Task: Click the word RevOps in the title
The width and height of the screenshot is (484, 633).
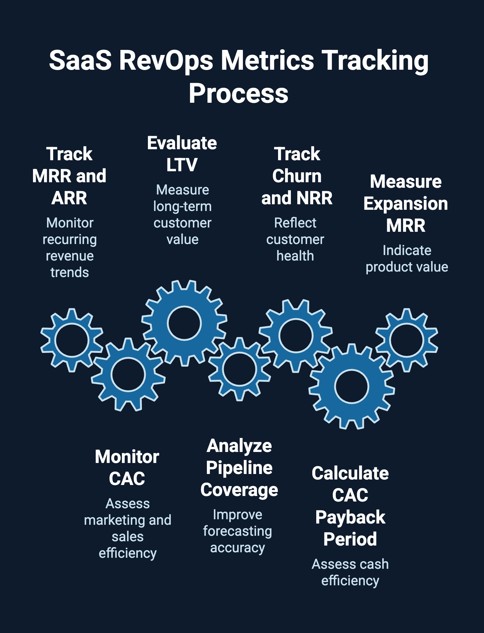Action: coord(166,60)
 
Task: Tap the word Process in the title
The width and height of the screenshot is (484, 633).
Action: coord(238,94)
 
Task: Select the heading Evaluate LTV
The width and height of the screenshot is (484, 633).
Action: coord(182,154)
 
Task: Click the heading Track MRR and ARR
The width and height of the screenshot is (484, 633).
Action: coord(69,176)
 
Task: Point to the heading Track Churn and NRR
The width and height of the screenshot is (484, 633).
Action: coord(297,176)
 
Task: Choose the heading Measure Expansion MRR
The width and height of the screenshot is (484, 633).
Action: coord(405,203)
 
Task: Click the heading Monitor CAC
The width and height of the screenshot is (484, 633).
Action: coord(127,468)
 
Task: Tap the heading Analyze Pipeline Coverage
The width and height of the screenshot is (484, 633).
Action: coord(239,468)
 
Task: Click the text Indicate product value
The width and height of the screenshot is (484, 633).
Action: coord(407,259)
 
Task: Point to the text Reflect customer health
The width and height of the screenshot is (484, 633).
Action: coord(295,239)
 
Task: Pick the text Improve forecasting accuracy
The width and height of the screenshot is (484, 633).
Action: coord(237,531)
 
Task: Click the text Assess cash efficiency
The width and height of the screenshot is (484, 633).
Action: coord(350,572)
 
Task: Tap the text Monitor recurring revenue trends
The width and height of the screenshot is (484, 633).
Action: coord(70,248)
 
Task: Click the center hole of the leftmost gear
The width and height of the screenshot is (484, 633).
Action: coord(71,340)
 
